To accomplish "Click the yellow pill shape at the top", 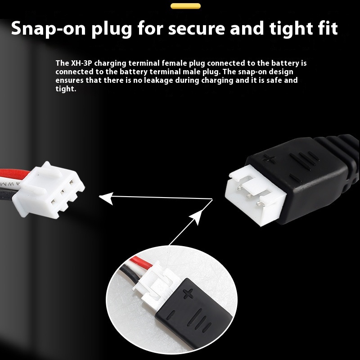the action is pyautogui.click(x=185, y=6).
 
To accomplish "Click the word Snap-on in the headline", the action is pyautogui.click(x=48, y=28).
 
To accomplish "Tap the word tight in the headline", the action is pyautogui.click(x=292, y=29).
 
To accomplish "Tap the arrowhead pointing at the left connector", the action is pyautogui.click(x=106, y=198).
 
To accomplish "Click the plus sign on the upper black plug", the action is pyautogui.click(x=269, y=159).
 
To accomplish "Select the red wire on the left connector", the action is pyautogui.click(x=14, y=173).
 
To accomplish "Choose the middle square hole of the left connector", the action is pyautogui.click(x=62, y=192).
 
